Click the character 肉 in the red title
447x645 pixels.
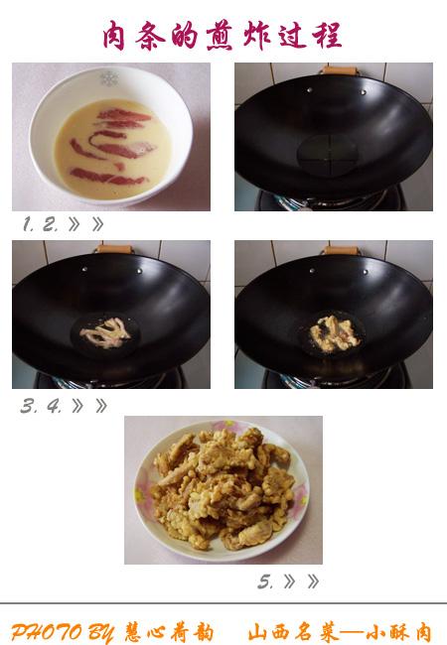(x=113, y=36)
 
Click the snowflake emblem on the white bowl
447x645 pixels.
(x=109, y=78)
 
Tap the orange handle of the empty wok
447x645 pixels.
(x=340, y=70)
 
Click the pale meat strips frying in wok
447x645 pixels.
(x=105, y=333)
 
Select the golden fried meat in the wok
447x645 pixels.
(x=334, y=334)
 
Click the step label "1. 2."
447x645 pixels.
(x=41, y=224)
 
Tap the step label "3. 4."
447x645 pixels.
(x=41, y=407)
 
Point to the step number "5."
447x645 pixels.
(x=265, y=582)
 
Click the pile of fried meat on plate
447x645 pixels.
(x=223, y=488)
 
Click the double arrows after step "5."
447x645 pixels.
(x=301, y=581)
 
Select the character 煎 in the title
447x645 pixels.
(x=221, y=36)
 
